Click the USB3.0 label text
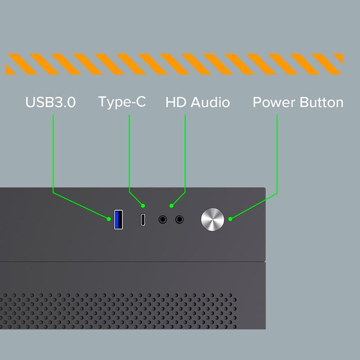tap(50, 102)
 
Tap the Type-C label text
tap(122, 102)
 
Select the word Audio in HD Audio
tap(210, 102)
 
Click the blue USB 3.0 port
tap(118, 220)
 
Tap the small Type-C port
tap(143, 220)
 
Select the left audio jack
tap(163, 220)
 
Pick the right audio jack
tap(179, 220)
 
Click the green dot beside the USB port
tap(109, 219)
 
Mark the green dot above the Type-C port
tap(143, 206)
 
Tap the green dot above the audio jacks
tap(171, 206)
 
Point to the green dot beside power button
tap(230, 219)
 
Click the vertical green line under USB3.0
tap(53, 153)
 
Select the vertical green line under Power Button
tap(277, 154)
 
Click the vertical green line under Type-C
tap(129, 153)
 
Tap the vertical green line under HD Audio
tap(185, 153)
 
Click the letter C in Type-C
tap(140, 102)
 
